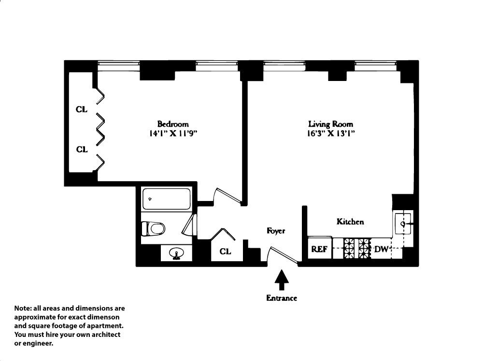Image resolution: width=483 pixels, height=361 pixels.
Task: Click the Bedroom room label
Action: [x=173, y=124]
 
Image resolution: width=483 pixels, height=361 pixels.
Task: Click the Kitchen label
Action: [x=350, y=222]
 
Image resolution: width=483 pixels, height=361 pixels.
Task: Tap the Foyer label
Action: [x=276, y=231]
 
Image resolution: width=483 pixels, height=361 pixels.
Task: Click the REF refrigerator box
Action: [x=319, y=249]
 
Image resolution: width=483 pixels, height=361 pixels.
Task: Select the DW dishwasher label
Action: [x=382, y=249]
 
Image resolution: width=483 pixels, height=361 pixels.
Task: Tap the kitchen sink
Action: [x=403, y=223]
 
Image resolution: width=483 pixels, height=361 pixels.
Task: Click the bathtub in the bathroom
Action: [x=165, y=199]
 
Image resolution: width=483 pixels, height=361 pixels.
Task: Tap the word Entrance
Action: [x=282, y=298]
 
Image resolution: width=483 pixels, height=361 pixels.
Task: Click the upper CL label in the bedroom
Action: [x=82, y=109]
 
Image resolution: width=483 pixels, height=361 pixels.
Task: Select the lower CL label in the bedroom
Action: [x=82, y=149]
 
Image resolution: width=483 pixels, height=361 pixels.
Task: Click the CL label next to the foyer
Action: [x=225, y=251]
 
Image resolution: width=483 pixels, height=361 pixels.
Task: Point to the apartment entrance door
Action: [x=282, y=255]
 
